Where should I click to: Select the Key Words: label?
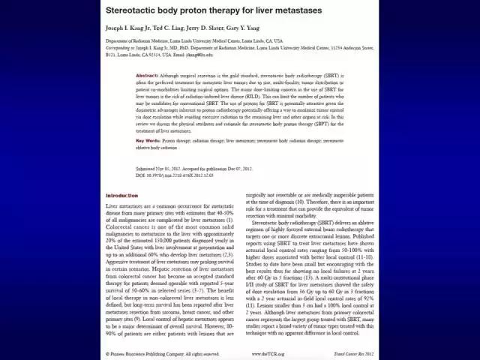tap(150, 141)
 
